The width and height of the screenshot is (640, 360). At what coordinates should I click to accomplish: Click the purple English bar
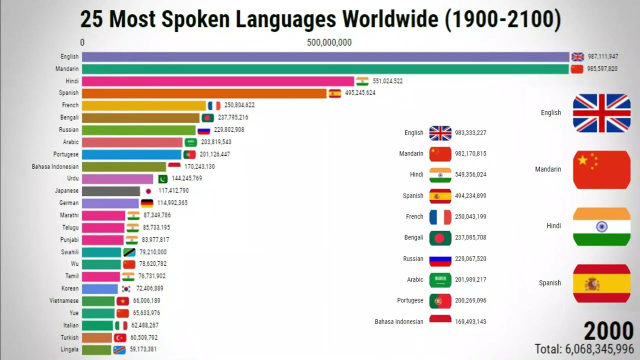pyautogui.click(x=325, y=56)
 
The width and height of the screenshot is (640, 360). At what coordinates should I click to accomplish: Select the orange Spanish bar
pyautogui.click(x=204, y=93)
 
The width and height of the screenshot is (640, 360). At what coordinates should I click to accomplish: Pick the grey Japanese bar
pyautogui.click(x=111, y=191)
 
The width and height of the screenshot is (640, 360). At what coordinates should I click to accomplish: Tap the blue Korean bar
pyautogui.click(x=100, y=288)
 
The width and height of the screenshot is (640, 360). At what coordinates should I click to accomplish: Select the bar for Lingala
pyautogui.click(x=96, y=349)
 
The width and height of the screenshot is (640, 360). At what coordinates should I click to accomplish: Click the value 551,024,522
pyautogui.click(x=387, y=81)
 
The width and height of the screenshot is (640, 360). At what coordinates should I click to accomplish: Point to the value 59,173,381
pyautogui.click(x=143, y=349)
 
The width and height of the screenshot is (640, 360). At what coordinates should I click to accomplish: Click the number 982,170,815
pyautogui.click(x=470, y=154)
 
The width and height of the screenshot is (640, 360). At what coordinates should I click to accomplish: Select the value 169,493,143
pyautogui.click(x=470, y=322)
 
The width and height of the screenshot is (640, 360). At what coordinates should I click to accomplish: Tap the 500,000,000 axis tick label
pyautogui.click(x=329, y=42)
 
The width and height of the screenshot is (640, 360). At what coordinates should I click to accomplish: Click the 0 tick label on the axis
pyautogui.click(x=82, y=42)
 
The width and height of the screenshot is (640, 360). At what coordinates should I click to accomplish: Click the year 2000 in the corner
pyautogui.click(x=608, y=331)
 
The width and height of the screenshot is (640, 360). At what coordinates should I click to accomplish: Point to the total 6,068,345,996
pyautogui.click(x=584, y=348)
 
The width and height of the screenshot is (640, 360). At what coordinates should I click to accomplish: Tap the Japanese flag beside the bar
pyautogui.click(x=148, y=191)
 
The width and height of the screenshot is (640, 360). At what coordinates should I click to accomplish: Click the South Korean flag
pyautogui.click(x=126, y=288)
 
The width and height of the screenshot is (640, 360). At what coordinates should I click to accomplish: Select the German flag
pyautogui.click(x=147, y=203)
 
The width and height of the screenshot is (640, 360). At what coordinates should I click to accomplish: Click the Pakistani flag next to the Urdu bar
pyautogui.click(x=163, y=178)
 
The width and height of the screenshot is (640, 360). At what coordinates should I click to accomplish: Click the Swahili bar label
pyautogui.click(x=70, y=252)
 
